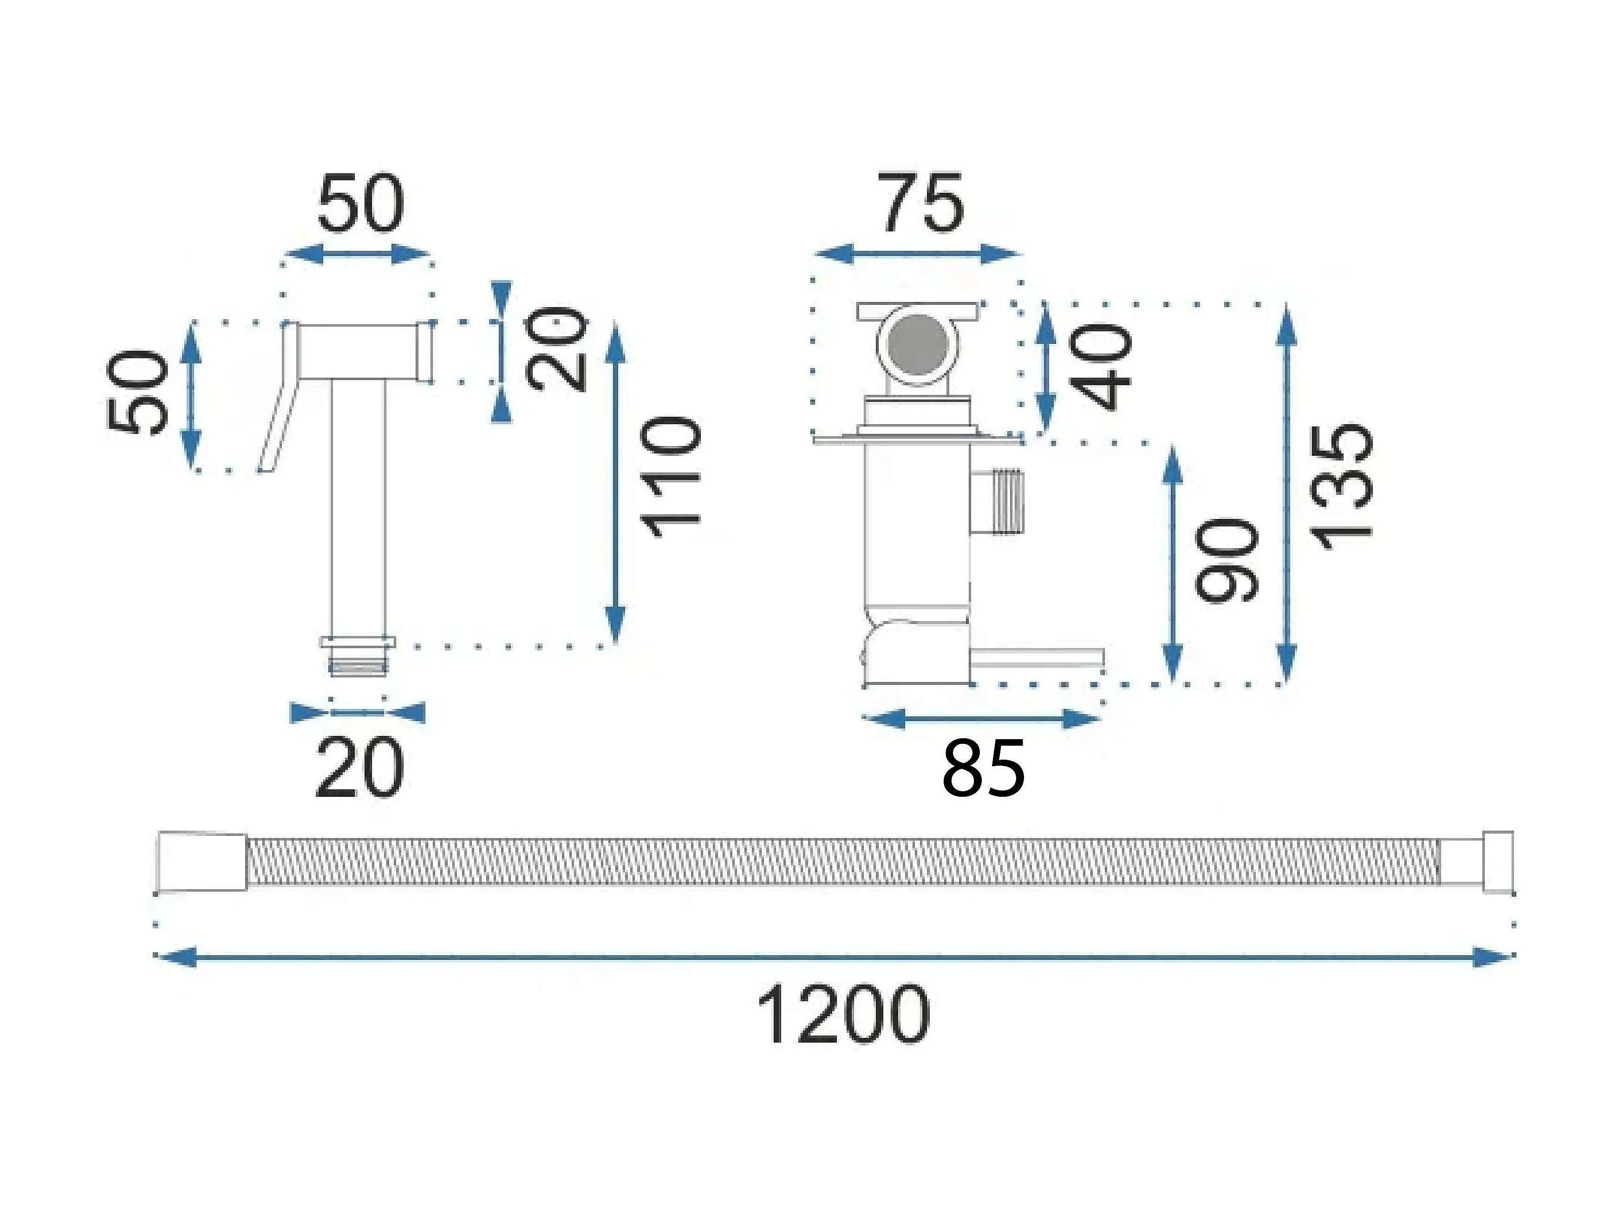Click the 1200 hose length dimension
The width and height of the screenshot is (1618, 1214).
843,1015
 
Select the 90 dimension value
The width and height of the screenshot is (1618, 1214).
1226,560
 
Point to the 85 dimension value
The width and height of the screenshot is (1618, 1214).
984,768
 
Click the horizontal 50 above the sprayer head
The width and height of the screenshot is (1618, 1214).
360,202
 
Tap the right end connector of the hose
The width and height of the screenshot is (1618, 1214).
1498,861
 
